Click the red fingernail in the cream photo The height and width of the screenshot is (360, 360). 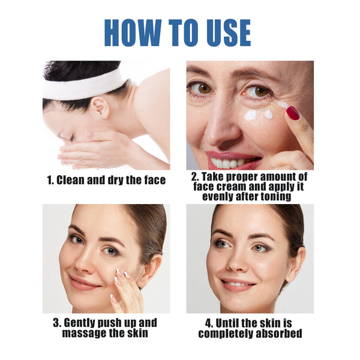click(292, 113)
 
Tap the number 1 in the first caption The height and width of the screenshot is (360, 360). click(50, 180)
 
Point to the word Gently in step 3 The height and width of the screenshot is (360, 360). click(79, 323)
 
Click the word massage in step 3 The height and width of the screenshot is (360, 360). click(84, 332)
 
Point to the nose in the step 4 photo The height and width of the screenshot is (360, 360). click(236, 265)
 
